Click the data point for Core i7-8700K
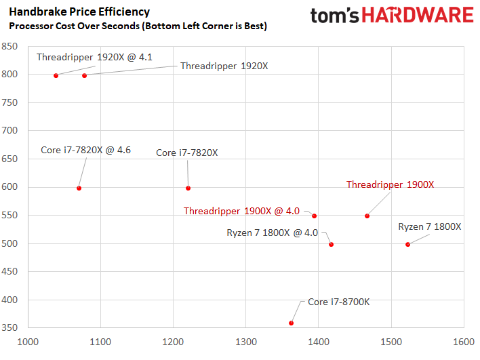click(292, 323)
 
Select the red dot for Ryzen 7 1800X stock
click(407, 244)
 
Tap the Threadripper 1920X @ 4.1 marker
click(56, 75)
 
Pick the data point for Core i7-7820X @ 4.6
click(79, 188)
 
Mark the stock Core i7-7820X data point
click(188, 188)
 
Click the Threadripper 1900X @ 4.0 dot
click(314, 216)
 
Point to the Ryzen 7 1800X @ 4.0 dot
click(331, 244)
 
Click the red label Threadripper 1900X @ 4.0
click(241, 211)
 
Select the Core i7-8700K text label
click(339, 302)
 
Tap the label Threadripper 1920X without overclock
click(224, 66)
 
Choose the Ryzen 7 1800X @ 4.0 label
click(272, 233)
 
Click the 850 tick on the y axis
click(9, 47)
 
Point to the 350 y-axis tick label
click(9, 328)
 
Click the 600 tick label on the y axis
click(9, 188)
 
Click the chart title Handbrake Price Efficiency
click(79, 12)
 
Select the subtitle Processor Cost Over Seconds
click(137, 26)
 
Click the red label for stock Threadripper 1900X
click(390, 184)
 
